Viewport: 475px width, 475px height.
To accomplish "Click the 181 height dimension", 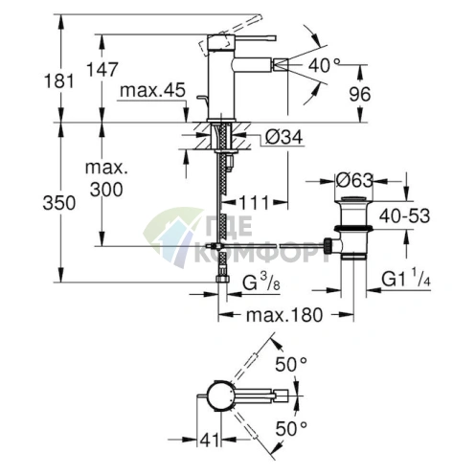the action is click(58, 80).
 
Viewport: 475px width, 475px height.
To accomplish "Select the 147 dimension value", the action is click(102, 69).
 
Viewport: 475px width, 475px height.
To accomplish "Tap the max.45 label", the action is click(152, 90).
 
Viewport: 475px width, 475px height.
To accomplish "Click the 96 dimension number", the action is click(360, 94).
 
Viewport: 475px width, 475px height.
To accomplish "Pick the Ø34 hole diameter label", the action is click(283, 138).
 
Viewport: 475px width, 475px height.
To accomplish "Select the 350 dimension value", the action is click(59, 203).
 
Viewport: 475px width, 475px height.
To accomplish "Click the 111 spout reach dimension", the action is click(254, 203).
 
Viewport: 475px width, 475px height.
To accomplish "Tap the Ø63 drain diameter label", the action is click(354, 181).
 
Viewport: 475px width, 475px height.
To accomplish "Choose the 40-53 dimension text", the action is click(404, 215).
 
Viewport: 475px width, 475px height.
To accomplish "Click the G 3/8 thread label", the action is click(261, 282).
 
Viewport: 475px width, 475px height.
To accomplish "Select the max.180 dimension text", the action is click(284, 315).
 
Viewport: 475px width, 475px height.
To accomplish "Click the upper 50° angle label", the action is click(291, 364).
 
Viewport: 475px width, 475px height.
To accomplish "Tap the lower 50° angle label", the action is click(291, 428).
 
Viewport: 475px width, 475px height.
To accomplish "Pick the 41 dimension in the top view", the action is click(210, 440).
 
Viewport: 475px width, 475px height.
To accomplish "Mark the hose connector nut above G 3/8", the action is click(222, 279).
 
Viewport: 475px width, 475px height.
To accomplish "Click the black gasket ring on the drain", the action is click(353, 228).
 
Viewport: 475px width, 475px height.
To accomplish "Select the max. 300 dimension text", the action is click(106, 179).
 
